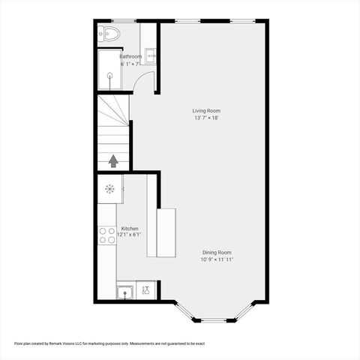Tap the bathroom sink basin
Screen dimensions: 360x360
tap(150, 54)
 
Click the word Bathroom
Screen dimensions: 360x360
tap(131, 56)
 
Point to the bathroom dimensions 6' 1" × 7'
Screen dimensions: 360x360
tap(130, 64)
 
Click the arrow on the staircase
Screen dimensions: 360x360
tap(113, 160)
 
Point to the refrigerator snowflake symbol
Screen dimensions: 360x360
tap(109, 189)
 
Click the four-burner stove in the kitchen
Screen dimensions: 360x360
tap(106, 235)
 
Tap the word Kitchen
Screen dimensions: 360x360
tap(129, 229)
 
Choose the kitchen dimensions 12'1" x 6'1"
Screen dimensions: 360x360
tap(129, 235)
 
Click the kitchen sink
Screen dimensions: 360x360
tap(125, 290)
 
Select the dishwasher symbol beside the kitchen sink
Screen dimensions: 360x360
tap(147, 289)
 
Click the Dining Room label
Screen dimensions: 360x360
tap(216, 252)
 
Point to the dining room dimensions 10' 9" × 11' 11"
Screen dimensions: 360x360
tap(216, 260)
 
